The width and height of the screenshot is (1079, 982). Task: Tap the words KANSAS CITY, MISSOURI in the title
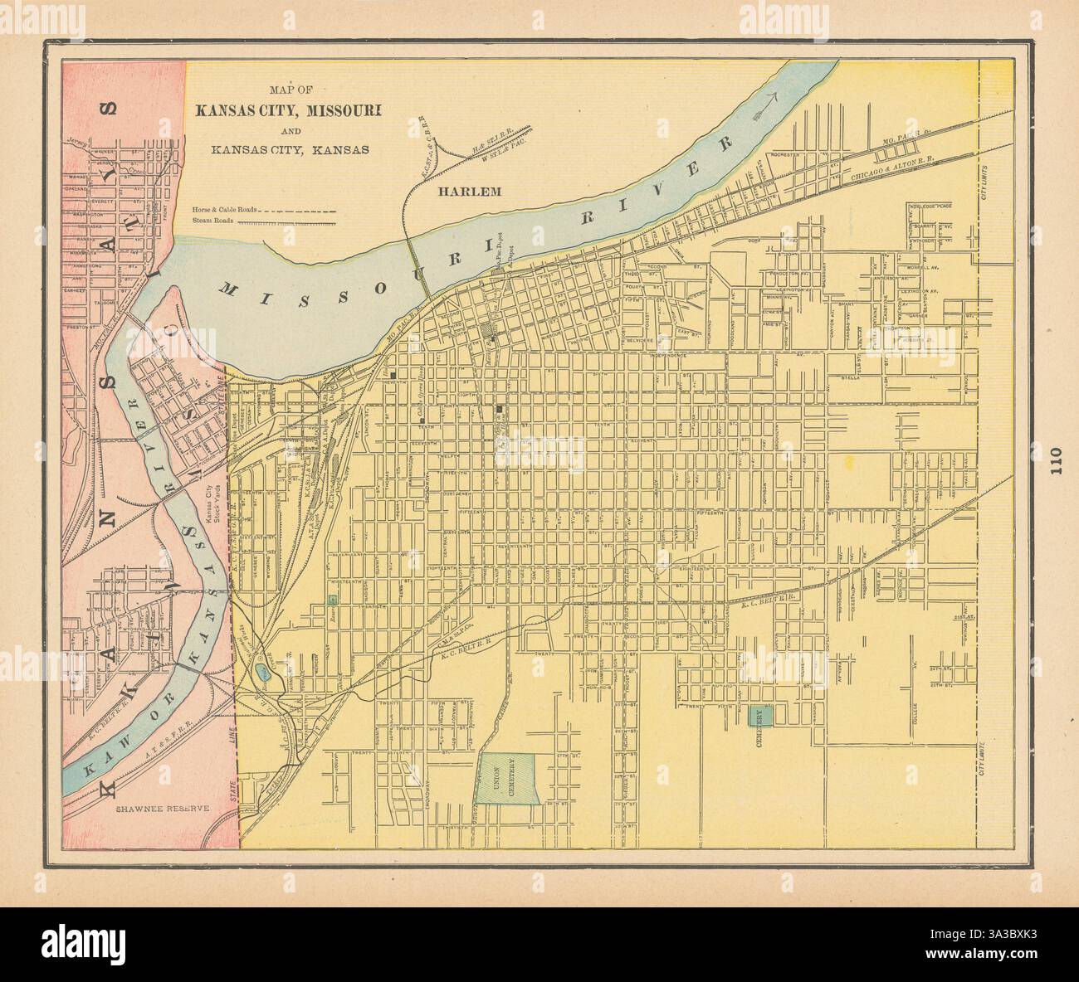coord(287,111)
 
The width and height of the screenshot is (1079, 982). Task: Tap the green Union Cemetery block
coord(510,778)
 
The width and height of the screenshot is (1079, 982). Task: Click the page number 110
coord(1054,459)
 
